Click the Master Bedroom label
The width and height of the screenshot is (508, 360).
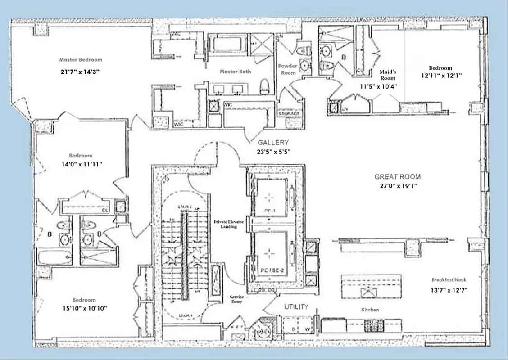tap(81, 59)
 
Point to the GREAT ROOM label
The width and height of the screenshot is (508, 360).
tap(398, 177)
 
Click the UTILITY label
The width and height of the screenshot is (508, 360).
tap(296, 307)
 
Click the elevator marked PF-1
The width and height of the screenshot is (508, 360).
tap(269, 198)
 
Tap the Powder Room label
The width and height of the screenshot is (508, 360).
tap(288, 69)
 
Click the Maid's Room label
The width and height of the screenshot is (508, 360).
tap(387, 75)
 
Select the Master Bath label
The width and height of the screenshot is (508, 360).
tap(236, 71)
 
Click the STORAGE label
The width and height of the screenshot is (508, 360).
tap(288, 113)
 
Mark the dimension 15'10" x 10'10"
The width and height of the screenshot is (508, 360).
tap(85, 308)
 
